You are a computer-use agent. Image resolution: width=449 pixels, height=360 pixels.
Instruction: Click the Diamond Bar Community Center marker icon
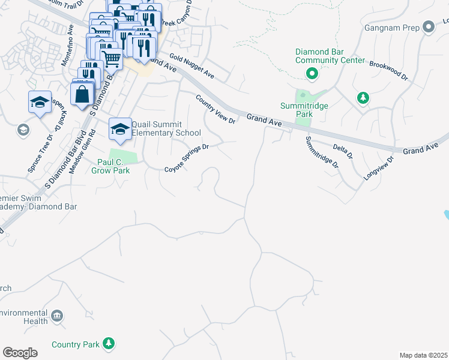312,74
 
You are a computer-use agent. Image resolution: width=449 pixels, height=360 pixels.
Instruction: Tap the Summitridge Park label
306,110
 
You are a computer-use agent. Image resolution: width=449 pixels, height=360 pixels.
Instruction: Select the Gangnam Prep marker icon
428,28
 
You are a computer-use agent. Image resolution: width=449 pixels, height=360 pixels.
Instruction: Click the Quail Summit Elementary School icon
120,129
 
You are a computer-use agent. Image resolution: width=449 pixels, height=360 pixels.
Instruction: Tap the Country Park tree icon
108,344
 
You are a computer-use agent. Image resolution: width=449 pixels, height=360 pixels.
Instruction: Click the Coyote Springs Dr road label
187,158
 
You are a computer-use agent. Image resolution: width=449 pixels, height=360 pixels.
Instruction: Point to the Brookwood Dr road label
388,70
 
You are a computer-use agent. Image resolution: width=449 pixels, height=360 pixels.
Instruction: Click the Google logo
20,353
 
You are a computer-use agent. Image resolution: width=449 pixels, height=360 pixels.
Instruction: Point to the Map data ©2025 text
423,355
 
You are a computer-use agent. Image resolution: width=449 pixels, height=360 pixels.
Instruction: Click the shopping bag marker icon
82,94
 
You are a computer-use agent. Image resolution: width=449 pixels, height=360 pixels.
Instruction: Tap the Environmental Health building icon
58,316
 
